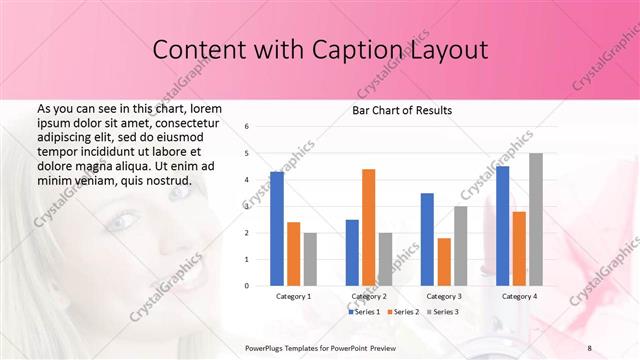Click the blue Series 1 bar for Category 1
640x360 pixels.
click(x=277, y=228)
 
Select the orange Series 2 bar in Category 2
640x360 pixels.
click(x=368, y=227)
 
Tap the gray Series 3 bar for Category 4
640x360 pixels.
click(x=536, y=219)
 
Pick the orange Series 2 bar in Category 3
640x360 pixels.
click(x=444, y=261)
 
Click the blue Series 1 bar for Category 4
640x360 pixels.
click(x=502, y=225)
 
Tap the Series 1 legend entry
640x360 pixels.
click(x=364, y=312)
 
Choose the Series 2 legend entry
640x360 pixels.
click(x=402, y=312)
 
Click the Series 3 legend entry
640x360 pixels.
click(x=442, y=312)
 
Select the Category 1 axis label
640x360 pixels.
click(x=294, y=296)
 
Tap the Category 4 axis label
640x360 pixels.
click(x=519, y=296)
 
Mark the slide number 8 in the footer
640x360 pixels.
click(x=589, y=346)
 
